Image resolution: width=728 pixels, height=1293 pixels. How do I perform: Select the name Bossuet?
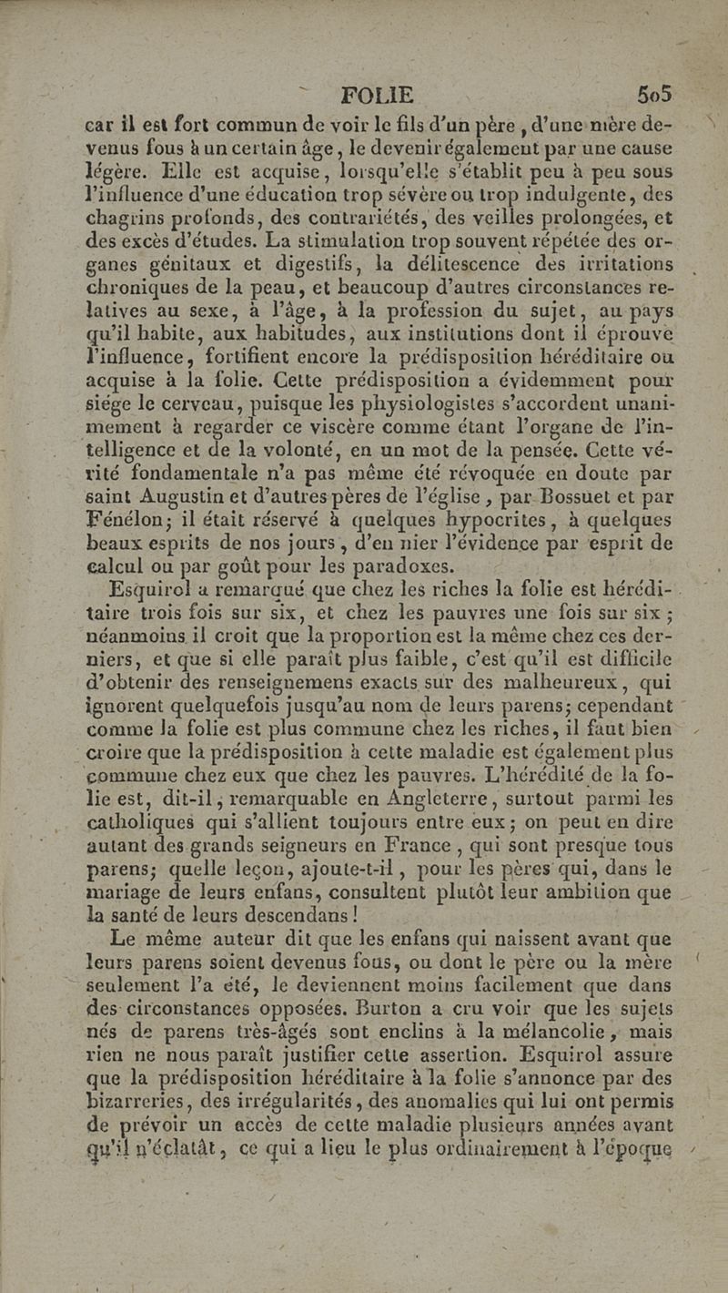536,497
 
